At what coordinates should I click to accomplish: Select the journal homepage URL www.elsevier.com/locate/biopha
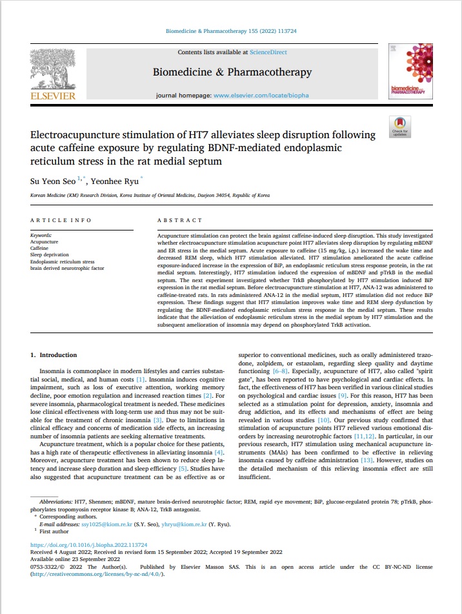[261, 96]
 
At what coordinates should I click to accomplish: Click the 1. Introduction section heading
[54, 355]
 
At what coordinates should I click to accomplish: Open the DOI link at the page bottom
[89, 545]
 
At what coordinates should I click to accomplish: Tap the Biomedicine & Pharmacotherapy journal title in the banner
[232, 72]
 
